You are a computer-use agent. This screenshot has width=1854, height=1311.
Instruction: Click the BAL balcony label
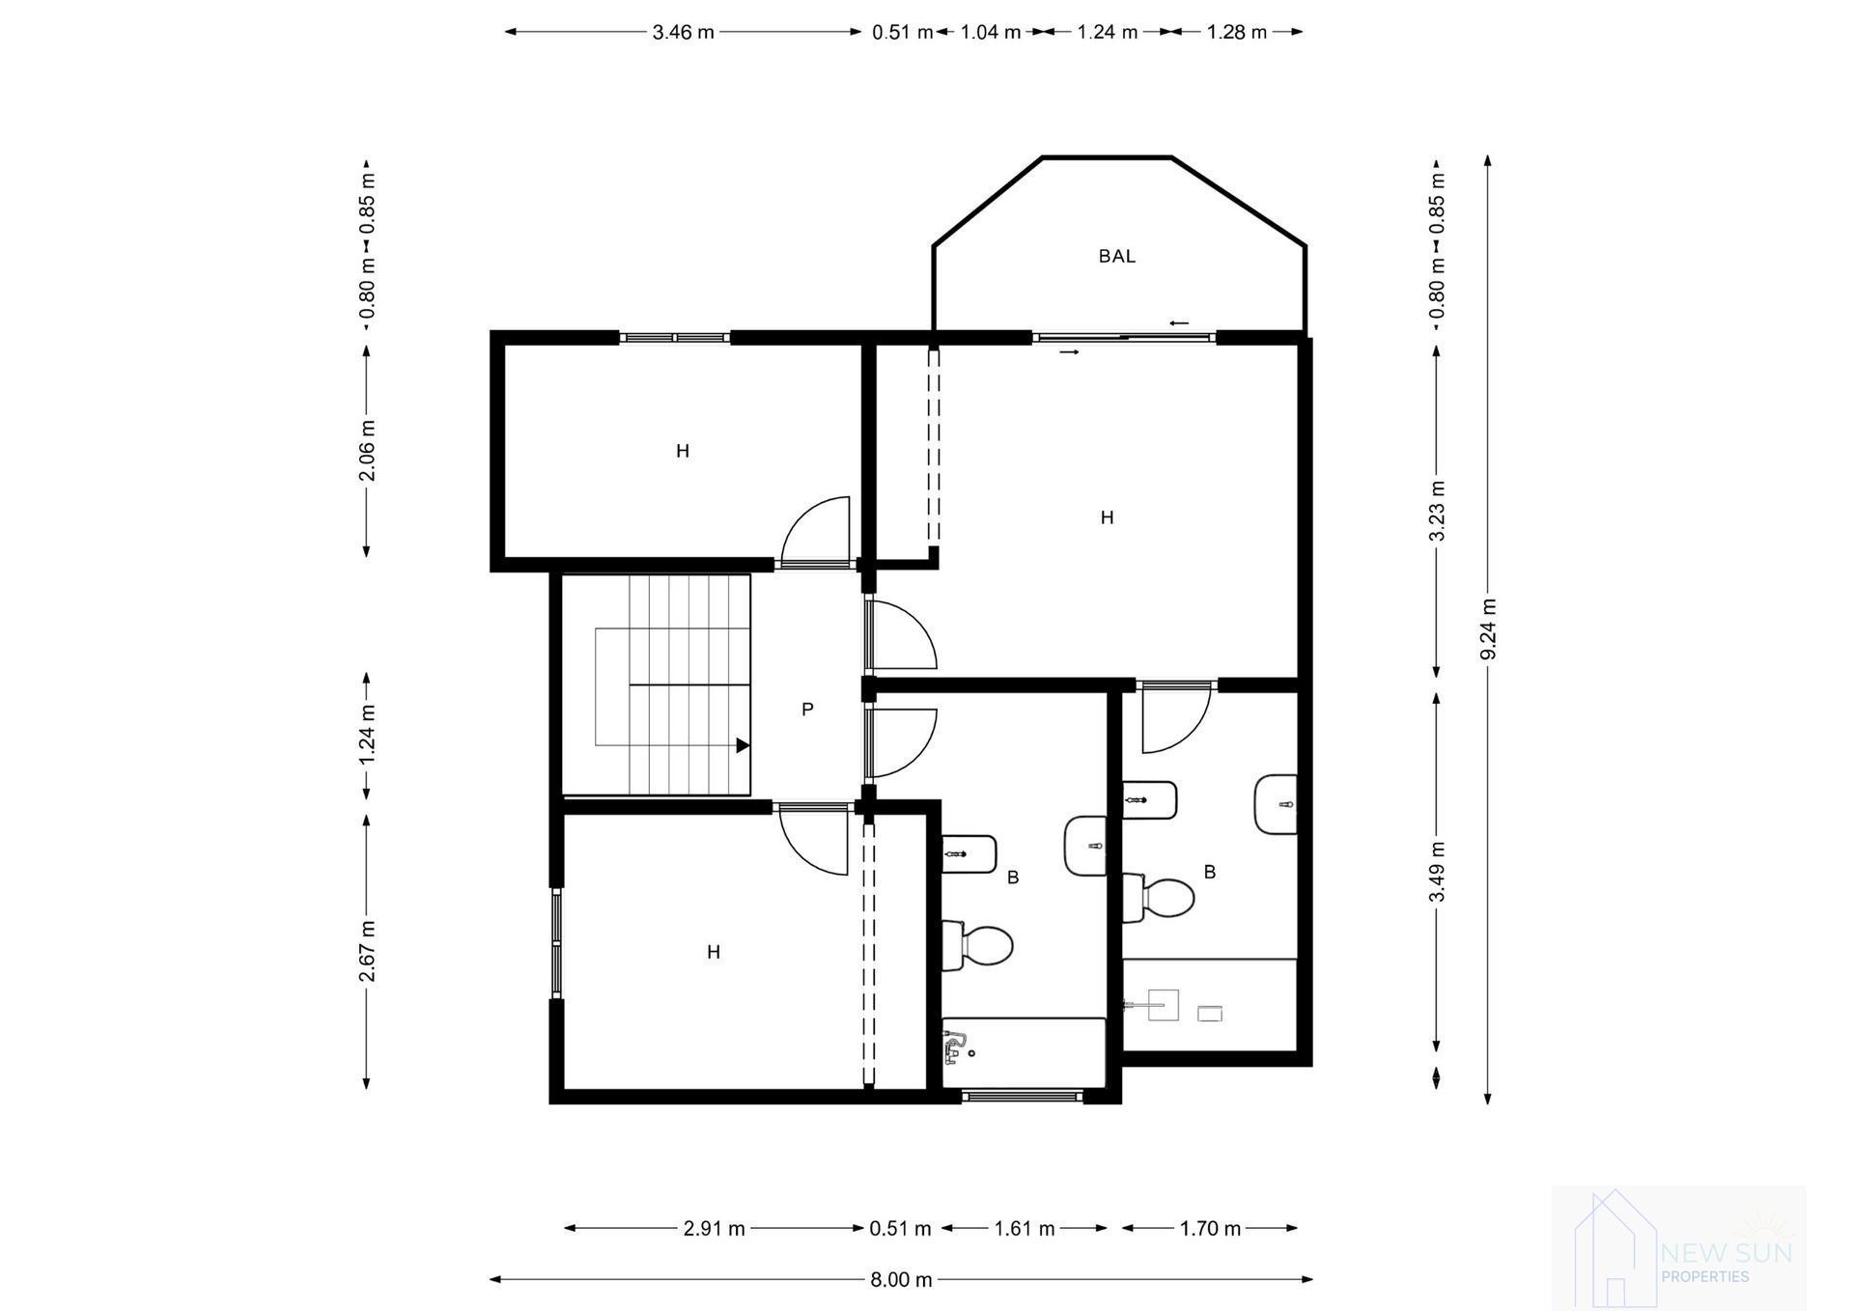tap(1116, 256)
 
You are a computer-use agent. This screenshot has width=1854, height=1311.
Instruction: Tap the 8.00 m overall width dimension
tap(901, 1279)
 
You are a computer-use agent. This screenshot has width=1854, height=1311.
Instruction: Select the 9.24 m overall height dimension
tap(1488, 628)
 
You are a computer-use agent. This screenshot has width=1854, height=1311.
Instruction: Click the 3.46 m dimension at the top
tap(683, 32)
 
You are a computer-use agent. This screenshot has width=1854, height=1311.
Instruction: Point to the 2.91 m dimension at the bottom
tap(714, 1228)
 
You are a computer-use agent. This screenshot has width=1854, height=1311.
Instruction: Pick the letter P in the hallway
tap(807, 710)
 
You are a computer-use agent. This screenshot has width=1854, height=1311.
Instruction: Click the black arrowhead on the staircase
tap(743, 745)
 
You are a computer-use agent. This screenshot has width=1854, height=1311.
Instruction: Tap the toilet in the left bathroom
tap(979, 945)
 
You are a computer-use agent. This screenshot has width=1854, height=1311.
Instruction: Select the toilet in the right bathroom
tap(1162, 898)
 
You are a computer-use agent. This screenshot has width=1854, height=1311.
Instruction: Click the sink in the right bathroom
tap(1277, 804)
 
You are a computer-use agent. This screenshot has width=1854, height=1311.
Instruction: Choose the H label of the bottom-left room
tap(713, 952)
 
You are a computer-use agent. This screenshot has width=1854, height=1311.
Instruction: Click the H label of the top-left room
tap(682, 451)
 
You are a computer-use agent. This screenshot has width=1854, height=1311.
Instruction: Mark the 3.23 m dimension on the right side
tap(1437, 510)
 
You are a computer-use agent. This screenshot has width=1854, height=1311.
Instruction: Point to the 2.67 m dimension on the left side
tap(367, 951)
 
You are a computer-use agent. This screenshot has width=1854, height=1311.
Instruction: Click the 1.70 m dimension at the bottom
tap(1209, 1228)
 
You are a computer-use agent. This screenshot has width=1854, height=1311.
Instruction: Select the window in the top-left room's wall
tap(674, 337)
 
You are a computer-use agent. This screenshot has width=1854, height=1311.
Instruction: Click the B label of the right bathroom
tap(1209, 872)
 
